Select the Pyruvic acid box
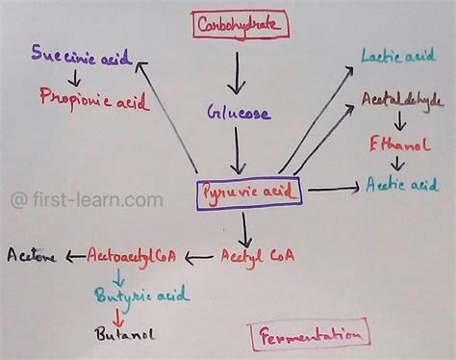[x=249, y=193]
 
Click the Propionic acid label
[x=87, y=96]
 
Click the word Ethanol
[x=394, y=144]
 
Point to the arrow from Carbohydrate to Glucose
[x=235, y=69]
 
